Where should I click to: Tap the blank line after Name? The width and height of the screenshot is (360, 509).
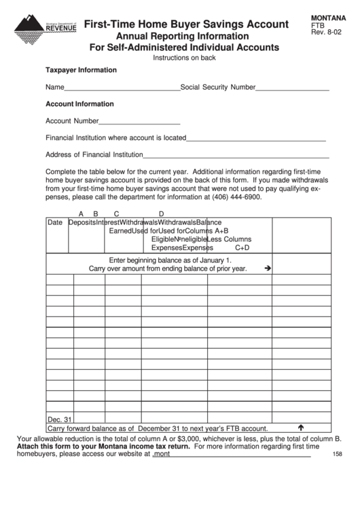pos(122,88)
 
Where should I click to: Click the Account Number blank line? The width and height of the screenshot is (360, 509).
pos(139,122)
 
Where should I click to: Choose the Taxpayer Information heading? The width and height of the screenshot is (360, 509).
pos(81,70)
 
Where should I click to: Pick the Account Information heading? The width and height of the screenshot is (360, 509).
pos(79,105)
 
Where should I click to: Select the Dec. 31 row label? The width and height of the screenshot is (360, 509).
pos(60,419)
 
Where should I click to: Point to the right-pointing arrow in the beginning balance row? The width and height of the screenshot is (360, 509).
pos(268,268)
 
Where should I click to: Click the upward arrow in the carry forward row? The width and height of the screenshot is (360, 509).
pos(300,428)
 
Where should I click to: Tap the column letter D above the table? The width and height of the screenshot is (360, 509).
pos(161,213)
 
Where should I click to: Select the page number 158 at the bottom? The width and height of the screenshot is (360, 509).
pos(338,455)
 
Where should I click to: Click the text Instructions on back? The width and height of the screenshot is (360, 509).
pos(184,58)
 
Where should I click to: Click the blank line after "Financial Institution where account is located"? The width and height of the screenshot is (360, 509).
pos(256,139)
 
